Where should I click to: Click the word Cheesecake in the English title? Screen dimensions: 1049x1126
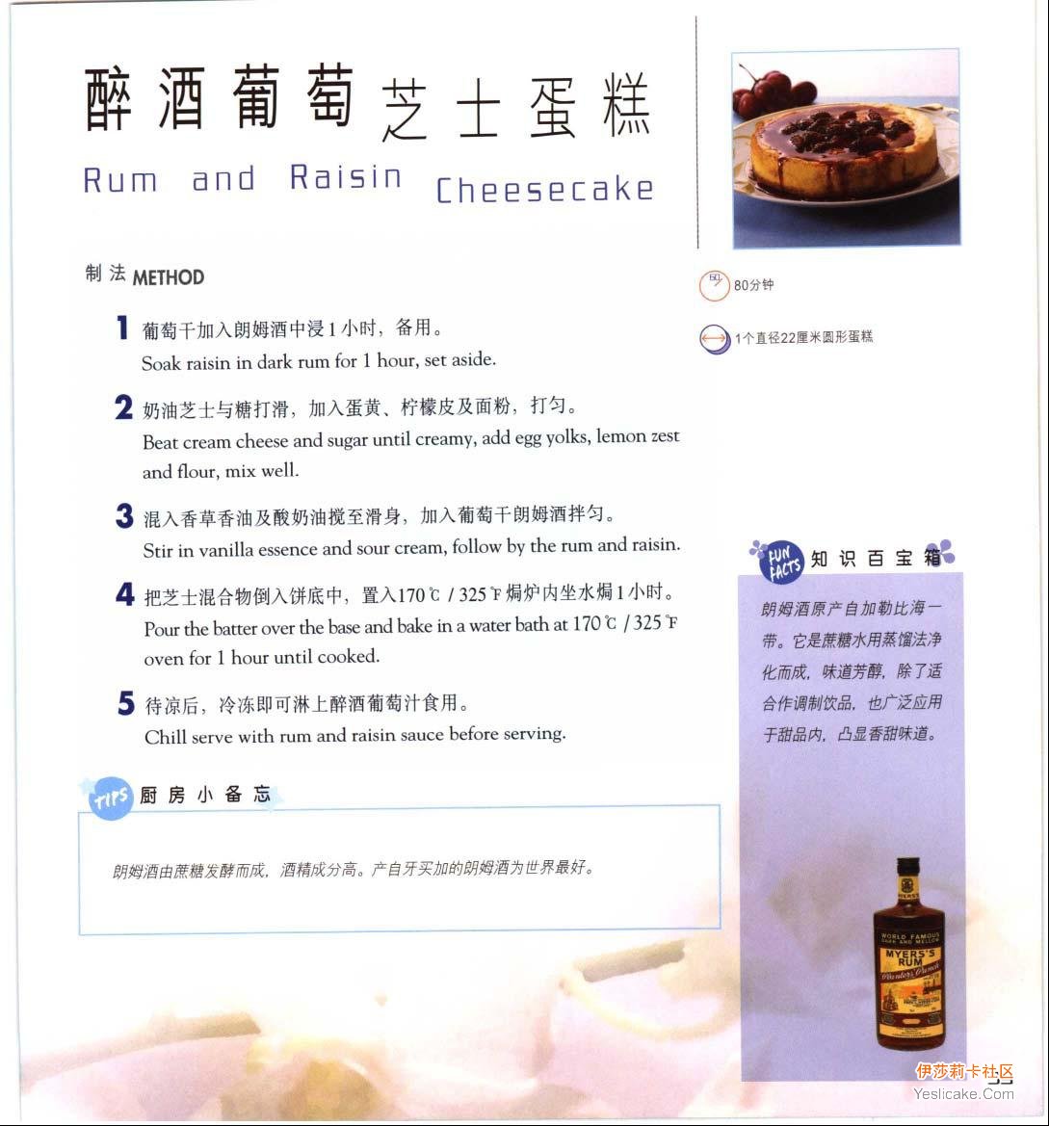click(x=544, y=190)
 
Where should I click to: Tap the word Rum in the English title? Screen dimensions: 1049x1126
click(x=119, y=179)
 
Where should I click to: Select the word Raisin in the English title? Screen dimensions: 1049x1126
click(x=346, y=177)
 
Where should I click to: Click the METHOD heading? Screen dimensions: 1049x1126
click(x=168, y=277)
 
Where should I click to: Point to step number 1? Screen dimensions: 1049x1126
click(x=122, y=327)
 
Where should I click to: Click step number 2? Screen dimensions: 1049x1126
click(x=123, y=407)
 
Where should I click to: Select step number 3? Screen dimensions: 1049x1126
click(x=124, y=515)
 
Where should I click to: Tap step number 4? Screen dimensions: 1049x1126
click(x=125, y=594)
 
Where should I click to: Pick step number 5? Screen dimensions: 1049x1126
click(x=126, y=703)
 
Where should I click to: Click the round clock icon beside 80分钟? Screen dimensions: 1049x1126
click(x=714, y=286)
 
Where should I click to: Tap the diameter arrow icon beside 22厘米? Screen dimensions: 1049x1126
click(x=715, y=338)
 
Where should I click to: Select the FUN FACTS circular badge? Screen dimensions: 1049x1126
click(x=782, y=562)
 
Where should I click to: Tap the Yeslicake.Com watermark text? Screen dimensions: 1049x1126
click(x=963, y=1093)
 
